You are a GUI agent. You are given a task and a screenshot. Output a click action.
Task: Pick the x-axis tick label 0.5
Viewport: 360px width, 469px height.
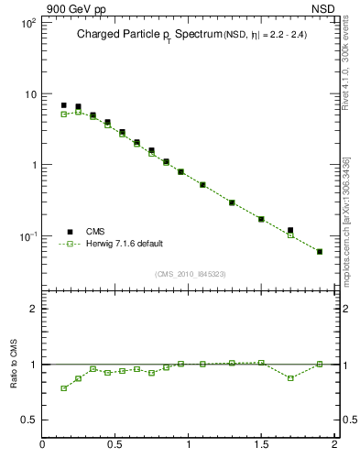(x=115, y=445)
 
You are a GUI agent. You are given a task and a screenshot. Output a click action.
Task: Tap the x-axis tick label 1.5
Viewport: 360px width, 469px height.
(x=261, y=445)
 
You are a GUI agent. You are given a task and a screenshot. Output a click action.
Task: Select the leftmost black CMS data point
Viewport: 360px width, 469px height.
(x=63, y=105)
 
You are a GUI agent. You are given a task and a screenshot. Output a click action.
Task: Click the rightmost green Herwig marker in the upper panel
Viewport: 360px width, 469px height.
(x=320, y=251)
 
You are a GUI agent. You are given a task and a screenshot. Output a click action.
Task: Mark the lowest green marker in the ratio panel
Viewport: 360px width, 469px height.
(x=63, y=388)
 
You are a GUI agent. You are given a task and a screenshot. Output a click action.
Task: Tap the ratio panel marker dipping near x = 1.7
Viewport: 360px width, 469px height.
(x=290, y=377)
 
